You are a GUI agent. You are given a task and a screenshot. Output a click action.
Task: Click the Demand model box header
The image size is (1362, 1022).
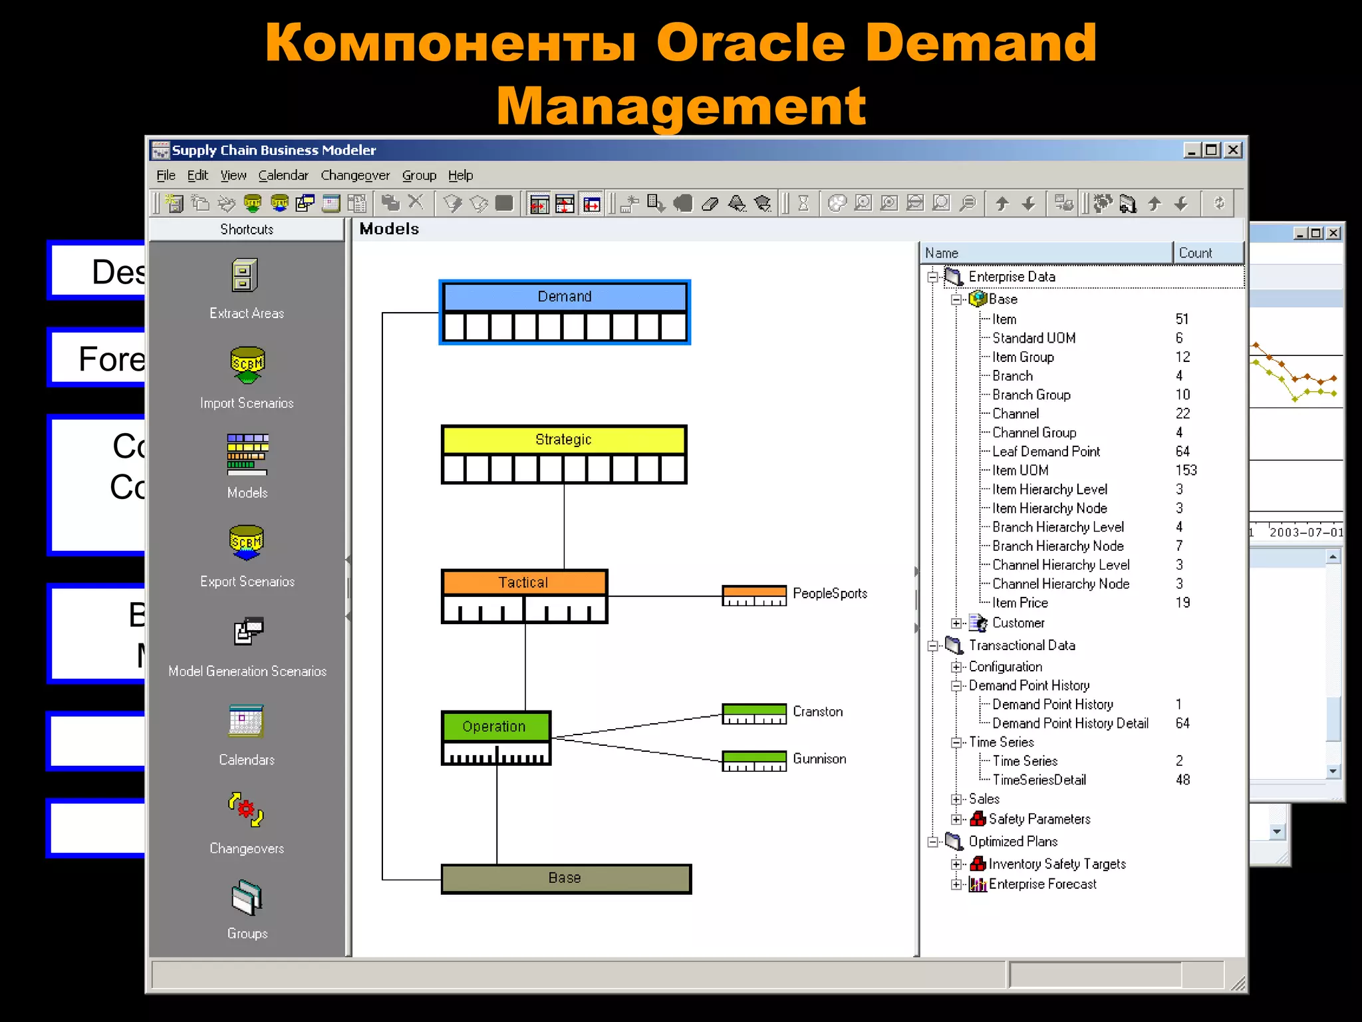coord(564,297)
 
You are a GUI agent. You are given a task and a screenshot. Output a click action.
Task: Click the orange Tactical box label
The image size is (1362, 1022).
coord(523,583)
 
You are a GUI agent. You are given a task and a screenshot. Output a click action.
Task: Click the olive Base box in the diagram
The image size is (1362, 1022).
coord(565,878)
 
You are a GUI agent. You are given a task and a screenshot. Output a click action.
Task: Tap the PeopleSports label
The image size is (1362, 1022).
coord(829,594)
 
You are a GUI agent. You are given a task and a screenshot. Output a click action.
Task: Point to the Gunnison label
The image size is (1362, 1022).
coord(819,759)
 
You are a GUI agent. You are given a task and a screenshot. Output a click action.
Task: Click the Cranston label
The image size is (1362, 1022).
coord(817,712)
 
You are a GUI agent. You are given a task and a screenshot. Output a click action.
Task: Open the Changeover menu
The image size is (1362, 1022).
coord(354,176)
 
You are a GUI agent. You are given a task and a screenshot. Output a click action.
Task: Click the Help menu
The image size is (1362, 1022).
coord(460,176)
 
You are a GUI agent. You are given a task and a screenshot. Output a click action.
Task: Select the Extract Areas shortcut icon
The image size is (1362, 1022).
coord(245,275)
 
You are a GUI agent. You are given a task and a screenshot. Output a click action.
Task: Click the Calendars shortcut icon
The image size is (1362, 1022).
coord(246,721)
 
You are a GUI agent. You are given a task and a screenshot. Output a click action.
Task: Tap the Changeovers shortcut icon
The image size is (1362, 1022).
coord(246,810)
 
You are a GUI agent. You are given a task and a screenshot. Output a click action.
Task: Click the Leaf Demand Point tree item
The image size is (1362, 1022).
coord(1045,452)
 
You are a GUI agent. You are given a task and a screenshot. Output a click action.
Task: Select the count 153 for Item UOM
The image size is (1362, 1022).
coord(1186,470)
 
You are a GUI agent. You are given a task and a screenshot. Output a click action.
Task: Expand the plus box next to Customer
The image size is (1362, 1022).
coord(956,623)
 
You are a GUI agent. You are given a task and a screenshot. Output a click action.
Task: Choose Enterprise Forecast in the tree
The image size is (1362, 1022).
coord(1042,884)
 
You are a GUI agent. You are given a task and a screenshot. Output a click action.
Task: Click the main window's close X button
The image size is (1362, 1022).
coord(1233,150)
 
